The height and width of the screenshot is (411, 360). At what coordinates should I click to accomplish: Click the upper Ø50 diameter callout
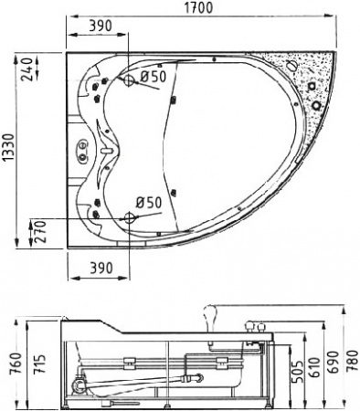click(x=153, y=76)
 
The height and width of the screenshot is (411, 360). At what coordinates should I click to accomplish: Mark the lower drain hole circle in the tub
click(x=128, y=218)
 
